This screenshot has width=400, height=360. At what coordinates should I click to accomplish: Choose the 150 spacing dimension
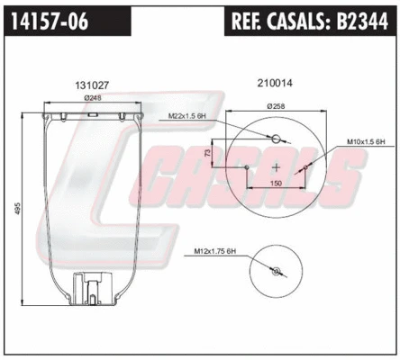276,183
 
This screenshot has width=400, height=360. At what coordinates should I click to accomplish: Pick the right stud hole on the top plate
306,166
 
